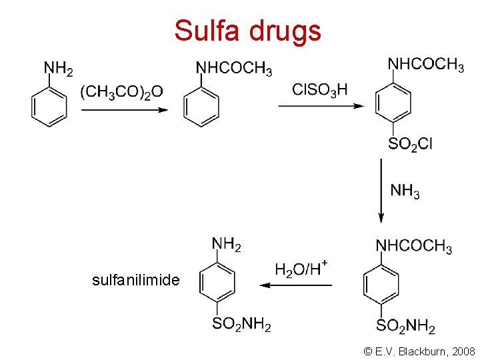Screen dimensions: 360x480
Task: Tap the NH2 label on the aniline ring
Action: coord(58,69)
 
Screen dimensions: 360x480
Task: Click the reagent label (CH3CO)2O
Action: coord(122,91)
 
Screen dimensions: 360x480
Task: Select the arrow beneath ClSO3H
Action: coord(321,105)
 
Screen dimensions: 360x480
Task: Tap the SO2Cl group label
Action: coord(410,143)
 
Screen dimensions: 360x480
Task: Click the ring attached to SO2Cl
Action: coord(393,103)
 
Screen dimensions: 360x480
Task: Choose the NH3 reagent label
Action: coord(405,191)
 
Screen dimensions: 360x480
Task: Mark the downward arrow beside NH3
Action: coord(381,190)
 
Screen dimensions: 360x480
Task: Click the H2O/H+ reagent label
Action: coord(301,269)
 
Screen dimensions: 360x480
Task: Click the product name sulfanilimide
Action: coord(136,280)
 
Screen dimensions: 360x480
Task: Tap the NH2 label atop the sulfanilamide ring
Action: coord(227,245)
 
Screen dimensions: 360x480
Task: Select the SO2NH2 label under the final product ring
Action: coord(241,325)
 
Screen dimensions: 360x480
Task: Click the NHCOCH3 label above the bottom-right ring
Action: coord(414,247)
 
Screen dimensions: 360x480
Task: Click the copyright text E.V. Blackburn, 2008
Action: coord(420,351)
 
